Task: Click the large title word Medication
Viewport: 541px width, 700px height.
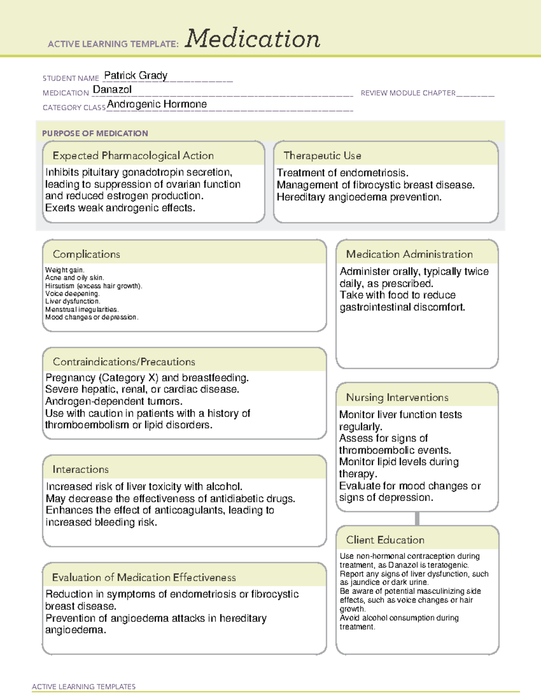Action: coord(252,39)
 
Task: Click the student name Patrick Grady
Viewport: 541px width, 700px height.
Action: coord(136,75)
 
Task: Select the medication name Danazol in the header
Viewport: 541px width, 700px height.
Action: coord(112,90)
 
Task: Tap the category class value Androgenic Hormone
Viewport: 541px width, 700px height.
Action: coord(157,104)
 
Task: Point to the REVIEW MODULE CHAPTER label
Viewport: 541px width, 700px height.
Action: coord(408,93)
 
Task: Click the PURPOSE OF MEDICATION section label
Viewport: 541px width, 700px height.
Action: coord(95,133)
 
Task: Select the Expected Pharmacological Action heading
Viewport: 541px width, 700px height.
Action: coord(133,156)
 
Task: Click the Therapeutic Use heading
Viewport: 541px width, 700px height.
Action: coord(322,156)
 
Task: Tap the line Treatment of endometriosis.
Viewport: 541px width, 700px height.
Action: coord(343,173)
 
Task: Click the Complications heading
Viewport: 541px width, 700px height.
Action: coord(86,254)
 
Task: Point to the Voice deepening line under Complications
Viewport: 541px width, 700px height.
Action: coord(72,293)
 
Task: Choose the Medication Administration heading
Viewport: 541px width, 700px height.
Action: coord(409,254)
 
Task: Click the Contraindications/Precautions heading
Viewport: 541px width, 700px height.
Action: coord(124,362)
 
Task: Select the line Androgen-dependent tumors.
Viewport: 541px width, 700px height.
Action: coord(114,401)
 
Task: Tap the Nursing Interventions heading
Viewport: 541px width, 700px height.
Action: coord(397,398)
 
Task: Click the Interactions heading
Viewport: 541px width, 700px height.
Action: coord(80,470)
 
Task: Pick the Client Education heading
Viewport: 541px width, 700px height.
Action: coord(385,540)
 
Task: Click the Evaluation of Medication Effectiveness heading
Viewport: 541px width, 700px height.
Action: coord(144,577)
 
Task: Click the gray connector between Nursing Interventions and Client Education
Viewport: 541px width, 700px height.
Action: coord(417,519)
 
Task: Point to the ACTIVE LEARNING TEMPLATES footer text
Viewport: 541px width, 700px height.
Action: coord(83,686)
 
